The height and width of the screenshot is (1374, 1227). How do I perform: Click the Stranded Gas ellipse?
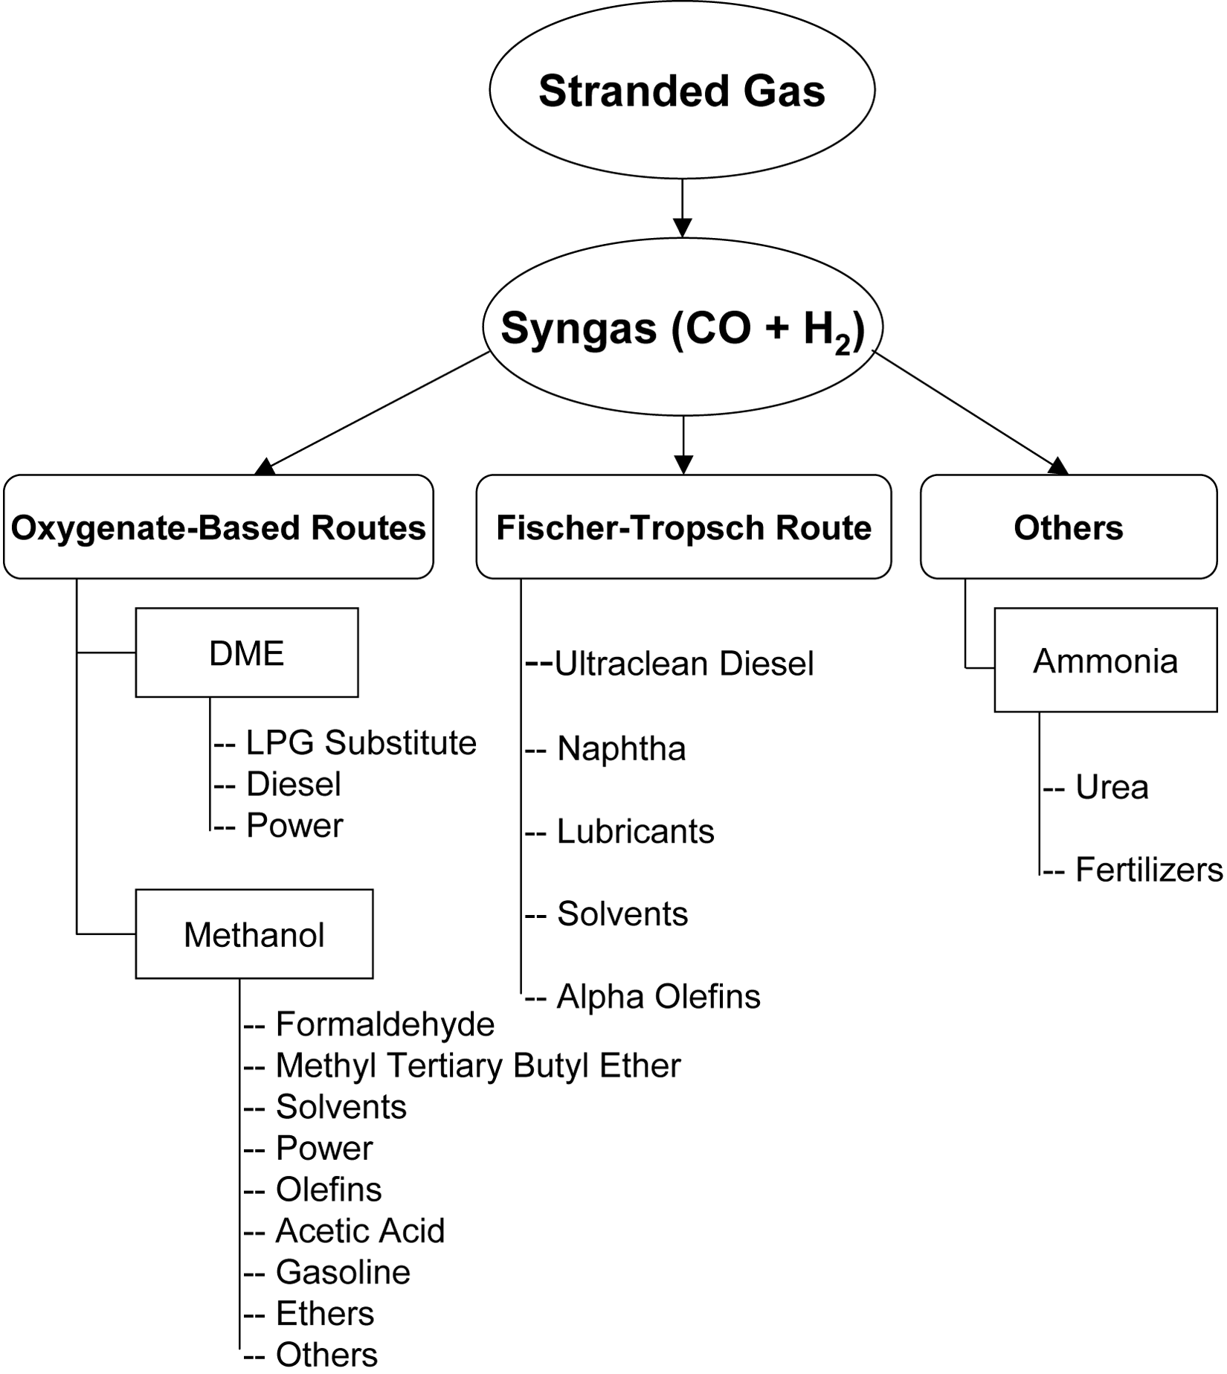tap(682, 90)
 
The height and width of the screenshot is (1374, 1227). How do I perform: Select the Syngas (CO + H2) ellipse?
tap(683, 327)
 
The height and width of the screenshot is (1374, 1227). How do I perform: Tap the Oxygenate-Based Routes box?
tap(218, 527)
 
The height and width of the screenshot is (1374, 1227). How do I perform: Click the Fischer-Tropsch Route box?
tap(683, 527)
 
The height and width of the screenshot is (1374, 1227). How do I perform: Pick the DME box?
tap(247, 653)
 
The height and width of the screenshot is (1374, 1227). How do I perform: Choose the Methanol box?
tap(254, 934)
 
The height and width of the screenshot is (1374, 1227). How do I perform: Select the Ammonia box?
tap(1105, 661)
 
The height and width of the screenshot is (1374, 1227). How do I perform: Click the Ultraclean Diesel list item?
tap(683, 664)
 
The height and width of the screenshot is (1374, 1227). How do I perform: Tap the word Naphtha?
tap(621, 748)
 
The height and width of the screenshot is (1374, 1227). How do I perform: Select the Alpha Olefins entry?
tap(658, 996)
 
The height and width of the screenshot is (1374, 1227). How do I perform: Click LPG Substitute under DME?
tap(361, 742)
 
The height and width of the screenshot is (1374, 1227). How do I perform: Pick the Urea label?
tap(1112, 787)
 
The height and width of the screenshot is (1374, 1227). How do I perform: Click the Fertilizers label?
tap(1148, 870)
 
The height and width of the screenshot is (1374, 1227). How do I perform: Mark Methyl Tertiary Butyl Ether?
tap(477, 1065)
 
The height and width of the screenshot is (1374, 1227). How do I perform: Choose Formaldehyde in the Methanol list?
tap(384, 1024)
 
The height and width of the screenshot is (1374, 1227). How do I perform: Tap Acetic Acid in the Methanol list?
tap(360, 1230)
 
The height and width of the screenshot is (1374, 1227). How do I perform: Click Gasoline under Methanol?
tap(343, 1272)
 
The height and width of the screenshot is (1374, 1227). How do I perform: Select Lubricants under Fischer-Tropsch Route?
tap(635, 831)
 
